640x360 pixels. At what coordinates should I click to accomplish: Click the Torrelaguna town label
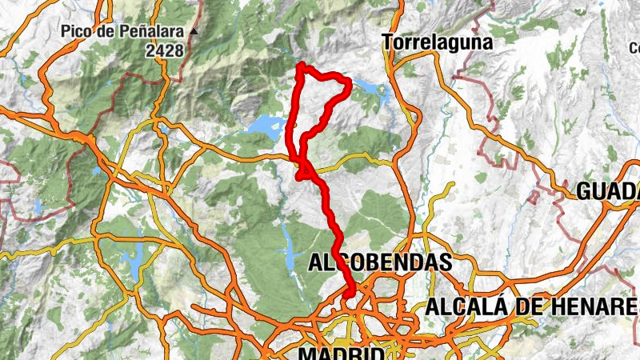437,42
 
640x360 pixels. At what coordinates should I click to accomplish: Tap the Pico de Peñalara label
123,33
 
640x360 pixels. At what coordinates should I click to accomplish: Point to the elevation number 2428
165,50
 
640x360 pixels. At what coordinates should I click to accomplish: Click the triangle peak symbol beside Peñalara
193,33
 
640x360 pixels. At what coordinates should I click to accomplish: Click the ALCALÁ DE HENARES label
531,306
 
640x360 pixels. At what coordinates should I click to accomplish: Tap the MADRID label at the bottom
341,353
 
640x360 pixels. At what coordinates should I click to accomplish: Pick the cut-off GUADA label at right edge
608,191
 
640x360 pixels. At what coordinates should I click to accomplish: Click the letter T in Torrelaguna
388,42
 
